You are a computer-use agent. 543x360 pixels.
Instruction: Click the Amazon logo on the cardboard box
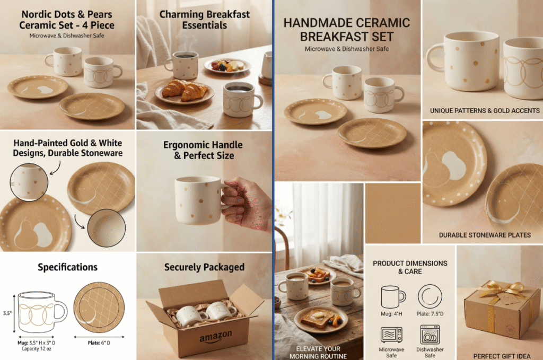215,337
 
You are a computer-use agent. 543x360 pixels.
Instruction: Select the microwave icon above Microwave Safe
391,335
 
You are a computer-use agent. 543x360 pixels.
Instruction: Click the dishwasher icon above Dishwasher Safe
430,335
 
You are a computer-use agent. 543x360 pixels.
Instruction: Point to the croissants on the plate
184,89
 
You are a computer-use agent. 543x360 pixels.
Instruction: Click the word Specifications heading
67,267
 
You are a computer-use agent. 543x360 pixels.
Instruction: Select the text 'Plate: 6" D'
99,343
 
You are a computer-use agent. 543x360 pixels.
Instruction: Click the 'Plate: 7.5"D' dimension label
430,314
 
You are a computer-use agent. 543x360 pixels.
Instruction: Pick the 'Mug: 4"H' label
391,314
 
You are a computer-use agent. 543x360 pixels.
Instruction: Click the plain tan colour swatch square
393,213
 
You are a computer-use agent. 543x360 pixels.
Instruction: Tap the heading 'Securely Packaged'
204,267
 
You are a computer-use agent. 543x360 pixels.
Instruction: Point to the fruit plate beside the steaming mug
227,66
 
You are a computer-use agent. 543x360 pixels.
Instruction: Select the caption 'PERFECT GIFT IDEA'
502,356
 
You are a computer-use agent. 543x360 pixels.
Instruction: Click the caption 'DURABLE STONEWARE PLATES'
485,235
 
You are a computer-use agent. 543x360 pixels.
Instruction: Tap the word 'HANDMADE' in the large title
313,23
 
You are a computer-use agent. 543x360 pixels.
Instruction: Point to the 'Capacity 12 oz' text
37,349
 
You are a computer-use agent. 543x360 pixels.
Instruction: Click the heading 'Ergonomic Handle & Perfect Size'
203,150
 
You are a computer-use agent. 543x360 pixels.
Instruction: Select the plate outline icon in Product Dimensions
430,296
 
